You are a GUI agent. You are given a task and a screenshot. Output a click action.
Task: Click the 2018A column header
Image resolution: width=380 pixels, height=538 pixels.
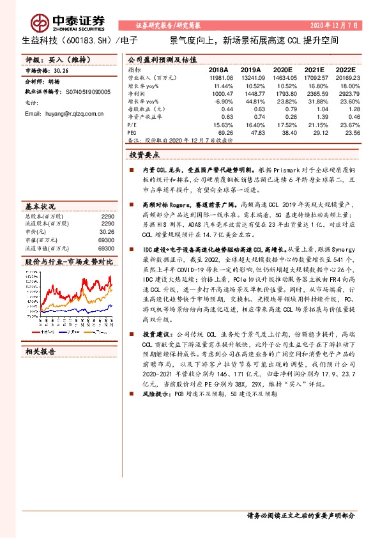(x=218, y=68)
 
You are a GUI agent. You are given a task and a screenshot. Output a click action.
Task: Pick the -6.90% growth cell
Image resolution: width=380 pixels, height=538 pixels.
(x=221, y=100)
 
